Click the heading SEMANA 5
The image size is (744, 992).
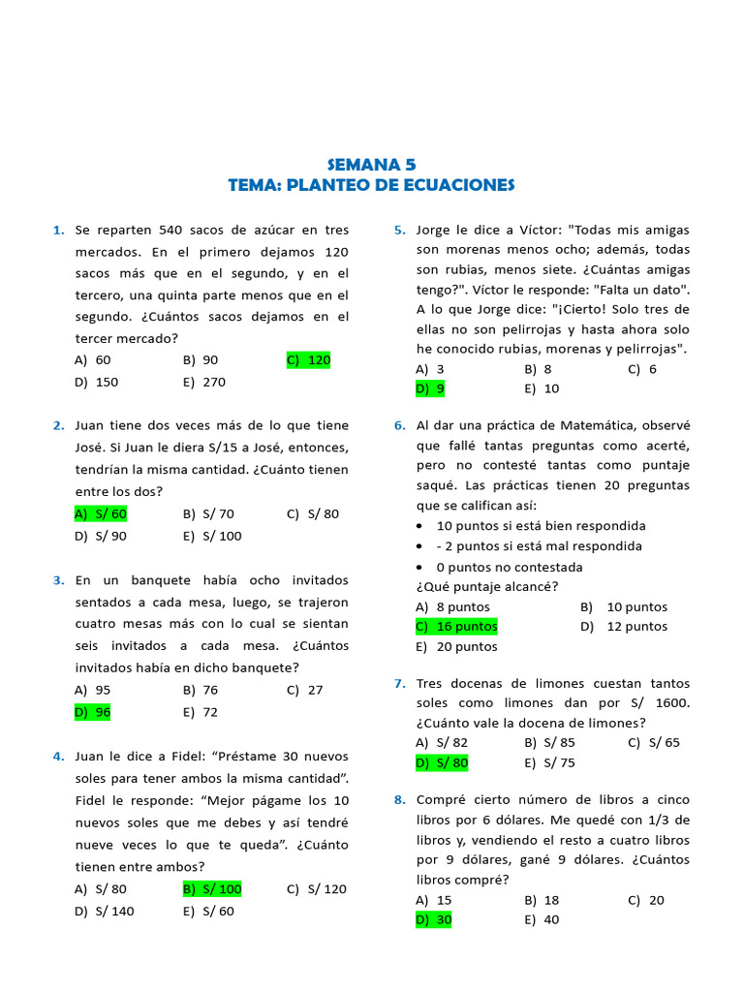coord(371,165)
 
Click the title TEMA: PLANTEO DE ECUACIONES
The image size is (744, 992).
coord(371,185)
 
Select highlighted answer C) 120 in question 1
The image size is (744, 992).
coord(309,360)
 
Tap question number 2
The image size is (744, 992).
coord(58,426)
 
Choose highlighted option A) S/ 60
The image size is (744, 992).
coord(101,514)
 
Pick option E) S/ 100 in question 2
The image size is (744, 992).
coord(212,537)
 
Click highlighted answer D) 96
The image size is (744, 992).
coord(93,712)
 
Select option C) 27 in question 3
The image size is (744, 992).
coord(305,691)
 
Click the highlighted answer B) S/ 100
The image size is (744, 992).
coord(212,889)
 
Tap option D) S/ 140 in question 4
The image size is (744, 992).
coord(105,912)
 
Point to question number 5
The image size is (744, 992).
coord(399,231)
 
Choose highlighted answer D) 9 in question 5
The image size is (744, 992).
coord(430,389)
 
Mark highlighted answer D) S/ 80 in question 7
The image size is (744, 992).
coord(442,763)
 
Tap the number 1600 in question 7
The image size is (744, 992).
coord(670,703)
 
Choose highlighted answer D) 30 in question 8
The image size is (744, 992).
coord(433,920)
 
